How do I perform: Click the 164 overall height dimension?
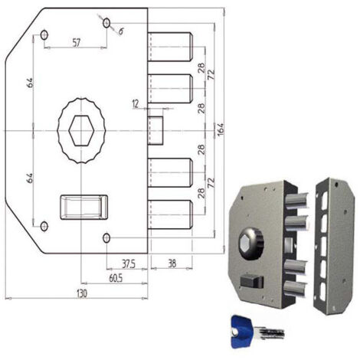pyautogui.click(x=221, y=129)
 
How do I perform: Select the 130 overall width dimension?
pyautogui.click(x=82, y=293)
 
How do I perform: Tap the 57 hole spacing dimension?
pyautogui.click(x=76, y=43)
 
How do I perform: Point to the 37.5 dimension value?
pyautogui.click(x=129, y=264)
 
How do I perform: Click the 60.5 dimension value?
pyautogui.click(x=116, y=278)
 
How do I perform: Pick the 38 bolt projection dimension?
pyautogui.click(x=172, y=263)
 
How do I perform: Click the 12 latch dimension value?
pyautogui.click(x=136, y=104)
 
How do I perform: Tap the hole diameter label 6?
pyautogui.click(x=121, y=31)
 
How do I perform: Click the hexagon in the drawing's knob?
pyautogui.click(x=81, y=131)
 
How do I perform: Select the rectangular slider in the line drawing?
pyautogui.click(x=83, y=208)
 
